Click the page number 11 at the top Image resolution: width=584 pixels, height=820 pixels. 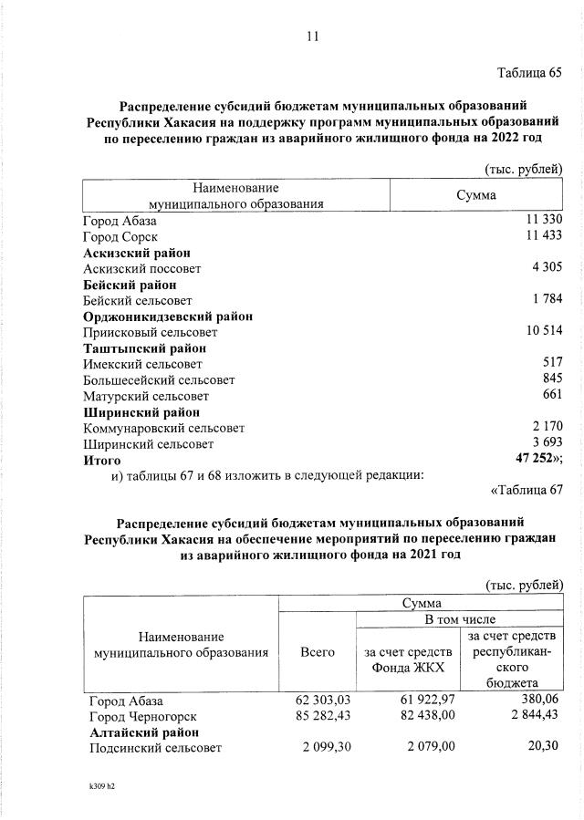[x=313, y=36]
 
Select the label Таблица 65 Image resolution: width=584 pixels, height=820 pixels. [x=529, y=72]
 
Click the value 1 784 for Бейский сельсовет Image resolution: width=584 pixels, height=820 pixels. [x=547, y=300]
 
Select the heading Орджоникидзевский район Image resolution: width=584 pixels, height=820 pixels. [x=168, y=317]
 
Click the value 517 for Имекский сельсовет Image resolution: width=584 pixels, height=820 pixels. [x=552, y=364]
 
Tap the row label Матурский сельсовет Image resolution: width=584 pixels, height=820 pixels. [x=146, y=396]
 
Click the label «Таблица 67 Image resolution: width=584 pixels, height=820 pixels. [x=527, y=491]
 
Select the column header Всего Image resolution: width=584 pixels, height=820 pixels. [x=317, y=652]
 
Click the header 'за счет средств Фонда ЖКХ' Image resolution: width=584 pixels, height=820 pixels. [x=408, y=660]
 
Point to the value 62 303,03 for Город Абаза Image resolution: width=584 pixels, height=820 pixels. [x=324, y=701]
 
